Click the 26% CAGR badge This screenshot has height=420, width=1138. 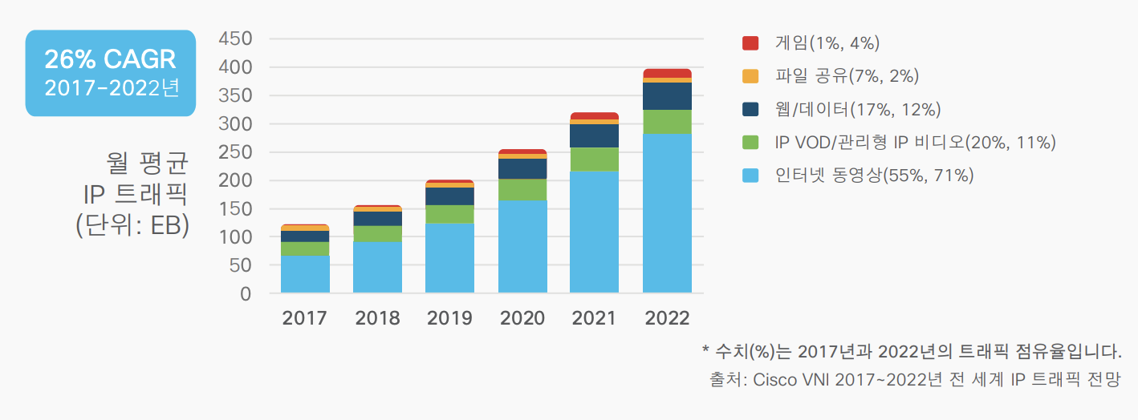pyautogui.click(x=111, y=73)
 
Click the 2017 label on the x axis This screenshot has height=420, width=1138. pyautogui.click(x=305, y=318)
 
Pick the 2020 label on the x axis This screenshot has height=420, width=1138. pyautogui.click(x=522, y=318)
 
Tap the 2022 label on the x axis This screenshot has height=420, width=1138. pyautogui.click(x=667, y=318)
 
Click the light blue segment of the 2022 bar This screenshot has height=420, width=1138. pyautogui.click(x=667, y=213)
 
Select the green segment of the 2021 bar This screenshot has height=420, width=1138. pyautogui.click(x=594, y=159)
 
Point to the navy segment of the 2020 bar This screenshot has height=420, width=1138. pyautogui.click(x=522, y=168)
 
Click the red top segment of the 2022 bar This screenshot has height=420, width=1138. pyautogui.click(x=667, y=73)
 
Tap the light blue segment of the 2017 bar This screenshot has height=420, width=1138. pyautogui.click(x=305, y=274)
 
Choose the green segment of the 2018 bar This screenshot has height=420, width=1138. pyautogui.click(x=377, y=233)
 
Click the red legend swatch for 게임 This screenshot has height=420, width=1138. pyautogui.click(x=750, y=43)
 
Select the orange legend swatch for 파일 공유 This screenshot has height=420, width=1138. pyautogui.click(x=750, y=76)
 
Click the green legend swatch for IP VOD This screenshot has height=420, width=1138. pyautogui.click(x=750, y=142)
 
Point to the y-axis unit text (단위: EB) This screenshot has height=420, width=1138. pyautogui.click(x=132, y=225)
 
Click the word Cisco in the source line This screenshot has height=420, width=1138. pyautogui.click(x=774, y=380)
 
